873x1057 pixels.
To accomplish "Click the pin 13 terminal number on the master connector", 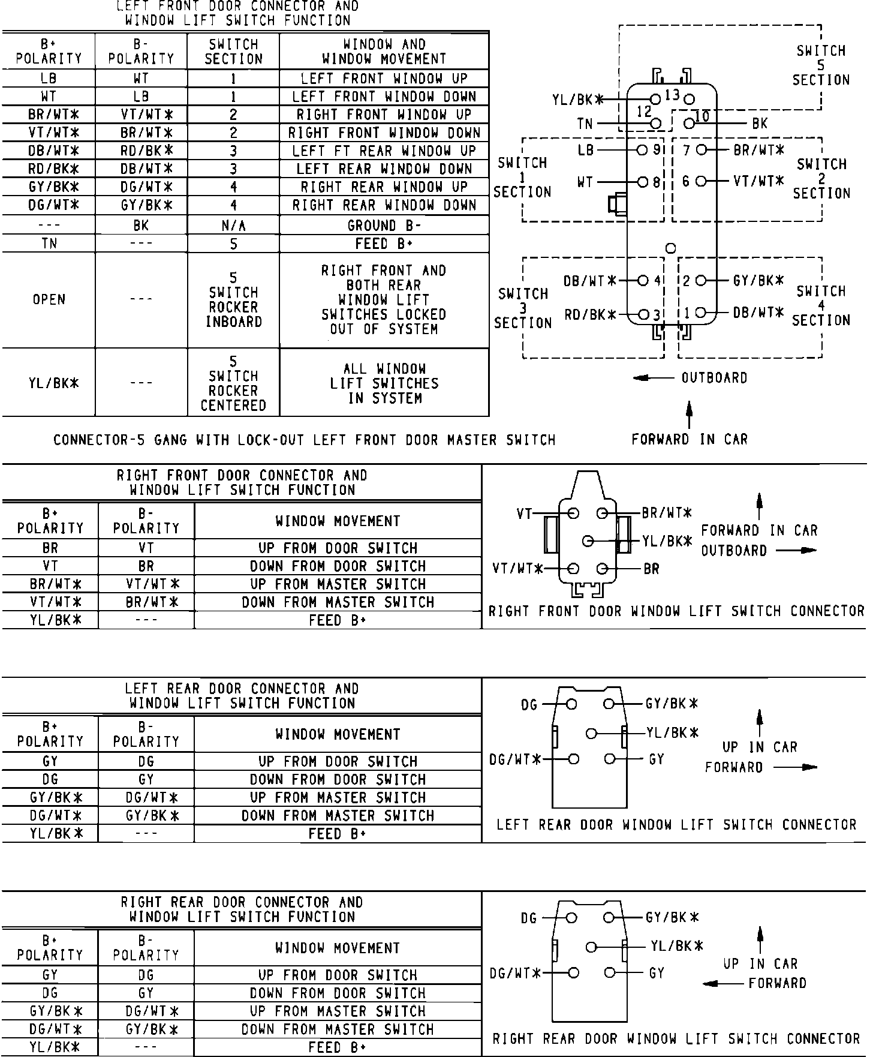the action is [x=672, y=95].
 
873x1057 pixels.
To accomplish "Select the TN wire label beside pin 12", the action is [x=585, y=124].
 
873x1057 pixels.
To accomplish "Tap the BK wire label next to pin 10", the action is [x=760, y=124].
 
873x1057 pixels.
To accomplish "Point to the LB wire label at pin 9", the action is [x=586, y=150].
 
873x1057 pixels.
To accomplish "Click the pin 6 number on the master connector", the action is [x=686, y=181].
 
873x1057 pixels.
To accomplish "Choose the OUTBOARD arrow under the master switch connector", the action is [x=651, y=378].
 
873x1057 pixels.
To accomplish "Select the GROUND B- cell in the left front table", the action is [x=384, y=226].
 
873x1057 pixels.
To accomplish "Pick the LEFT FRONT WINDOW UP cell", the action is [x=384, y=79].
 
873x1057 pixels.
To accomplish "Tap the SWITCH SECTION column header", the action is [x=233, y=52].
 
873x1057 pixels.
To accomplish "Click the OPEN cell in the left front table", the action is [x=49, y=299].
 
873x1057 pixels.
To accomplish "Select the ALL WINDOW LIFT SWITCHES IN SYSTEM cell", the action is [x=384, y=383].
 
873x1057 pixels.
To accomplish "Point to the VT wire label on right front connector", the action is [x=524, y=514].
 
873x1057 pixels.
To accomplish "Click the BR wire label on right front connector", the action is [x=651, y=569].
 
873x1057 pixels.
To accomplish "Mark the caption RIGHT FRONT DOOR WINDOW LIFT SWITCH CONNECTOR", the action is [x=676, y=611].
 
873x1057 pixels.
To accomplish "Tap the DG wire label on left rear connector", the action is [x=529, y=705].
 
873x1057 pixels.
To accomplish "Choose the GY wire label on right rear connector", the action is [x=657, y=973].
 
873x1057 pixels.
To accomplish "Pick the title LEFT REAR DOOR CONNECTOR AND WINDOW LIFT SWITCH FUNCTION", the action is [x=242, y=696].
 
